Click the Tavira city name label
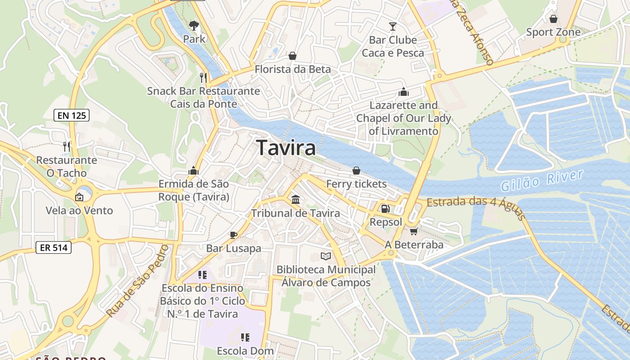click(286, 148)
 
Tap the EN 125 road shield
click(72, 115)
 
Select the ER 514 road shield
click(54, 247)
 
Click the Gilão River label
click(542, 180)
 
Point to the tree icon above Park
click(194, 26)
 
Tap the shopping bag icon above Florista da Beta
click(292, 56)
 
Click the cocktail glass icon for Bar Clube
click(393, 27)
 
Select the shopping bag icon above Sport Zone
click(553, 19)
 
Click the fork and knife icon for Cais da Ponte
click(203, 77)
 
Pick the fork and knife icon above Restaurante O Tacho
click(67, 146)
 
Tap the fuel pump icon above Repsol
click(385, 208)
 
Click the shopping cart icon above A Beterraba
click(414, 231)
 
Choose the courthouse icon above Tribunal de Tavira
click(296, 199)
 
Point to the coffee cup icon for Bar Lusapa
click(233, 234)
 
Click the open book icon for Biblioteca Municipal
click(326, 256)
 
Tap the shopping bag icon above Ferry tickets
click(356, 171)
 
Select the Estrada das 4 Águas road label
click(475, 207)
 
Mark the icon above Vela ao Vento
click(79, 197)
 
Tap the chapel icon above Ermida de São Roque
click(193, 171)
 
